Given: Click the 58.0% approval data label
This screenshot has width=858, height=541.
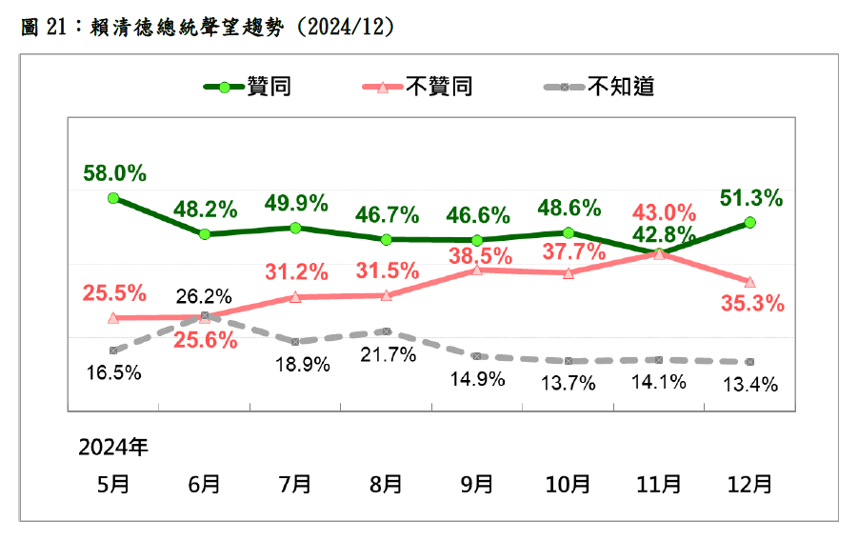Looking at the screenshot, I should (x=114, y=173).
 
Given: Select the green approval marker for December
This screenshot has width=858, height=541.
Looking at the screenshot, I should (x=749, y=222).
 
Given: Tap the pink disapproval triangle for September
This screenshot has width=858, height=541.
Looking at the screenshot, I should (x=477, y=270).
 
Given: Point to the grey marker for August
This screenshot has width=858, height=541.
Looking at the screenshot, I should (x=386, y=331).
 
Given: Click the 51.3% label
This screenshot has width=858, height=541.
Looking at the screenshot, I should (x=750, y=198).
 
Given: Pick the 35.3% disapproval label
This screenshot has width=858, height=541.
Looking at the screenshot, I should (x=752, y=305).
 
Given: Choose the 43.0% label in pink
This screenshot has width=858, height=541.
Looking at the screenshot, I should (x=660, y=210).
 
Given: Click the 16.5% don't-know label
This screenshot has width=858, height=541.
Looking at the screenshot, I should (x=114, y=372).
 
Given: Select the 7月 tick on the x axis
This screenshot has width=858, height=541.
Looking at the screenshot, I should (x=295, y=484).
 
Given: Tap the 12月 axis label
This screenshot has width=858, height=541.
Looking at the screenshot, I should (x=749, y=484).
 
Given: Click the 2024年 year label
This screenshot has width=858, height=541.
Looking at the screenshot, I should (x=113, y=446).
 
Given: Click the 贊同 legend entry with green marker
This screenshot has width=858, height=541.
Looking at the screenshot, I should (x=247, y=88).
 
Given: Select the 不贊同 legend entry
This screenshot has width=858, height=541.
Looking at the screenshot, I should (x=418, y=88).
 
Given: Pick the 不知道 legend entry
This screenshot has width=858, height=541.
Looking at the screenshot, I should (x=599, y=88).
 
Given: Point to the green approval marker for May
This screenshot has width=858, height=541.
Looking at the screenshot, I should (x=113, y=198).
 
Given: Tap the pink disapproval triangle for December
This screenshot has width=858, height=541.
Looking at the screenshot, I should (x=749, y=282).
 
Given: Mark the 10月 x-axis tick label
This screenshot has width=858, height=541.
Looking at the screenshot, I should (x=568, y=484).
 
